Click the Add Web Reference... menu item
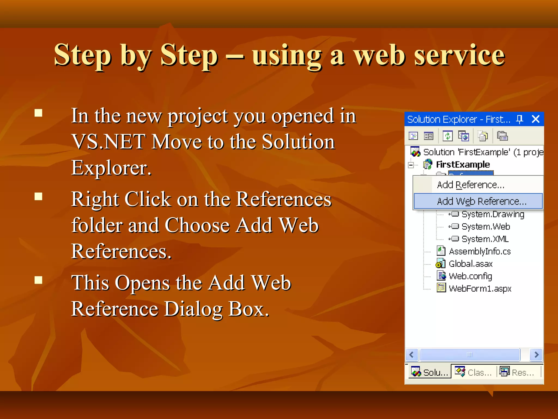tap(481, 201)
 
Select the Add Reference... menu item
tap(471, 185)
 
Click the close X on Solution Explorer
tap(535, 119)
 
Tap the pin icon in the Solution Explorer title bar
tap(520, 119)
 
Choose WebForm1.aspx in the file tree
tap(480, 288)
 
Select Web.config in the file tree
tap(470, 276)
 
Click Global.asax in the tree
tap(471, 264)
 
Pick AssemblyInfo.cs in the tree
tap(480, 251)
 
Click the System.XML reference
tap(485, 239)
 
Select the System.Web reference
tap(486, 227)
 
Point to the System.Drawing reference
tap(493, 214)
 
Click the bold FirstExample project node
tap(463, 164)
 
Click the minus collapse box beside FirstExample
tap(411, 165)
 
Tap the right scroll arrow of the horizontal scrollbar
tap(536, 355)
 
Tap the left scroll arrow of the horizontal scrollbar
tap(412, 355)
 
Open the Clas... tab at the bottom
tap(474, 372)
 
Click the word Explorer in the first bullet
tap(111, 168)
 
